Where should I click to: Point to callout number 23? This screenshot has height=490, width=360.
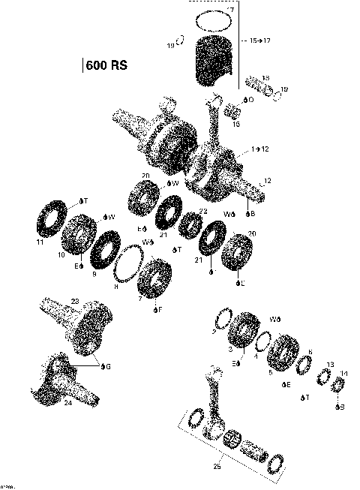click(74, 301)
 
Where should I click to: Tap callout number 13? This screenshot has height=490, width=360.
click(329, 364)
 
